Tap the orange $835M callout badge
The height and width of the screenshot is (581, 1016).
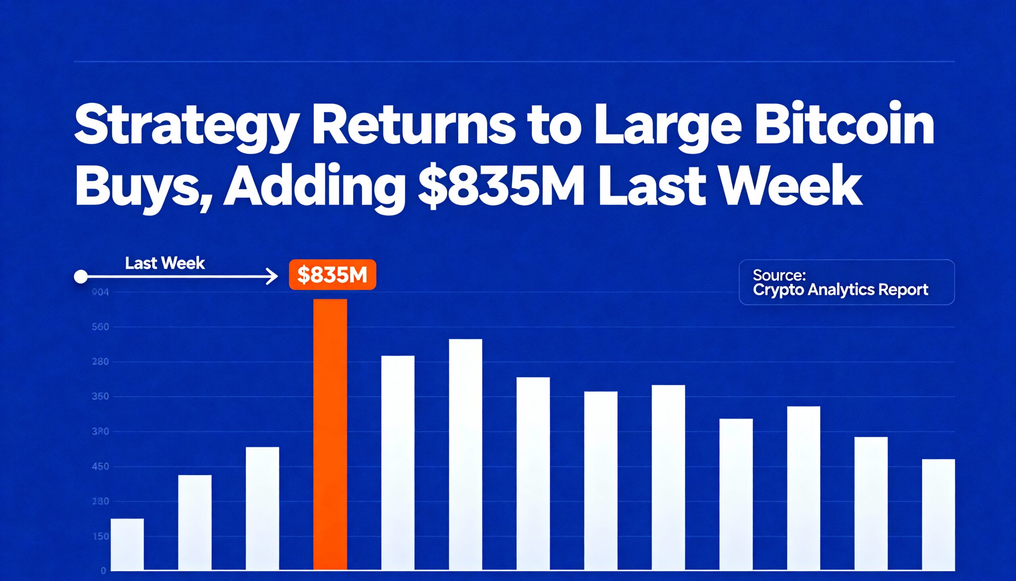click(x=332, y=275)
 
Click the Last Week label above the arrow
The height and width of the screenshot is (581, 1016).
click(x=165, y=263)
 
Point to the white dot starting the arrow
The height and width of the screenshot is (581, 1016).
click(x=81, y=276)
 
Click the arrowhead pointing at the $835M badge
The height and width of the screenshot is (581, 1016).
click(x=273, y=276)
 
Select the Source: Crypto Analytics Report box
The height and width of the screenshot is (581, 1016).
click(x=846, y=282)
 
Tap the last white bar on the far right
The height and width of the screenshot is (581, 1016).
click(x=939, y=514)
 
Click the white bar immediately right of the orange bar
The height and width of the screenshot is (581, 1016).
click(x=398, y=463)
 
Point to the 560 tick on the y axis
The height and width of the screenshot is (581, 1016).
click(x=100, y=327)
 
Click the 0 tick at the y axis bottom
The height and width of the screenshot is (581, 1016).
click(x=103, y=571)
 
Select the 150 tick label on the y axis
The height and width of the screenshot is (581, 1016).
click(x=100, y=536)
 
